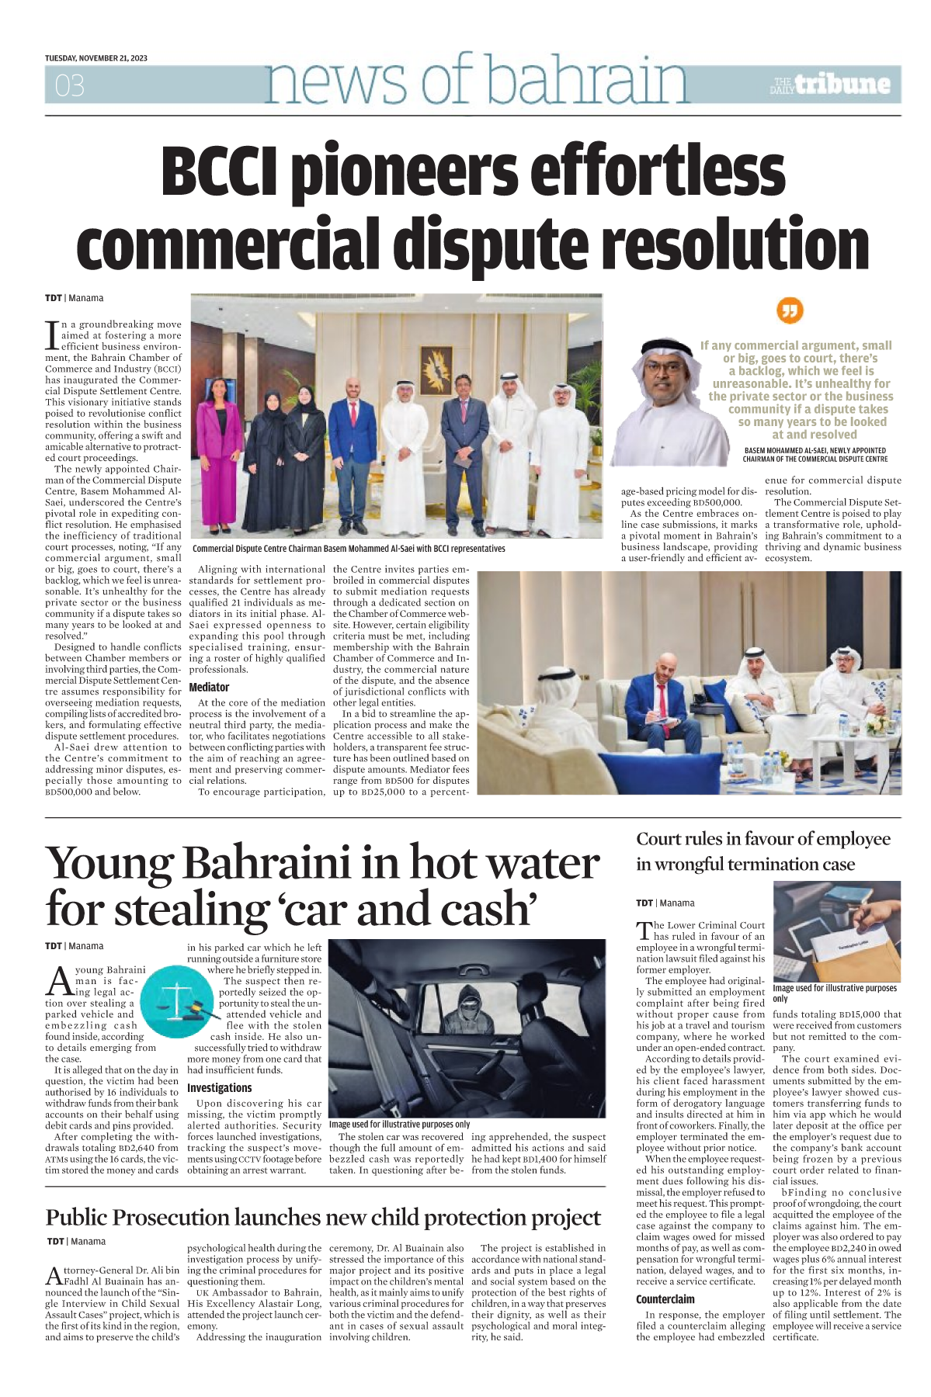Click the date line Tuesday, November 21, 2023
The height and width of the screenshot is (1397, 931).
click(96, 58)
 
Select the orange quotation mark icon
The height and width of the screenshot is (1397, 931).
click(790, 311)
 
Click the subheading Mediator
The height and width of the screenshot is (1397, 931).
click(209, 687)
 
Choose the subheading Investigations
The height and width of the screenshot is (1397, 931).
click(219, 1088)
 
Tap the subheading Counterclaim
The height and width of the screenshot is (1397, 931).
click(665, 1299)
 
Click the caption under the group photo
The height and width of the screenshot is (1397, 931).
click(349, 549)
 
